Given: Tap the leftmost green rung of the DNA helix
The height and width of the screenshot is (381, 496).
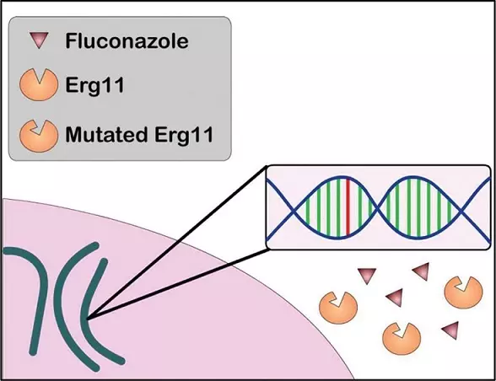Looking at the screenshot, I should [x=305, y=207].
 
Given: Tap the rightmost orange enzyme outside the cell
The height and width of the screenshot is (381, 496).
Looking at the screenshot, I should [x=460, y=292].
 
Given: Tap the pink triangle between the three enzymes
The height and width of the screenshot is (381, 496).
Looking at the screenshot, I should [x=394, y=297].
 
